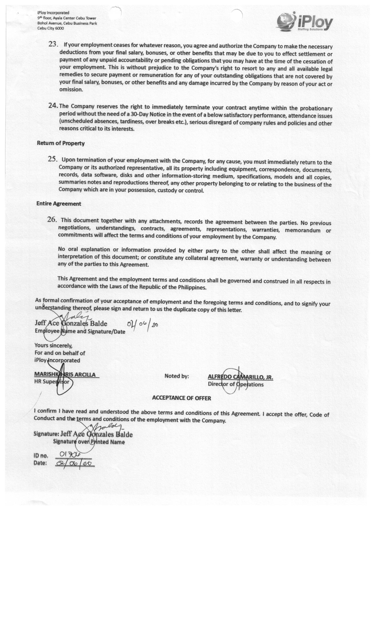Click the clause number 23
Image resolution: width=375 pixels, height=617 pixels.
point(53,44)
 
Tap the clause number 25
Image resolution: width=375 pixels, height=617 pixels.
point(53,159)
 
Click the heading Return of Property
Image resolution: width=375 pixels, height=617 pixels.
point(61,143)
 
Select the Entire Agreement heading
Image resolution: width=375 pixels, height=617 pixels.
point(59,204)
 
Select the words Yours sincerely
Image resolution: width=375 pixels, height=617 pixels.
point(53,346)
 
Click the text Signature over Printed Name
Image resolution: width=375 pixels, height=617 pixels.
point(89,442)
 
